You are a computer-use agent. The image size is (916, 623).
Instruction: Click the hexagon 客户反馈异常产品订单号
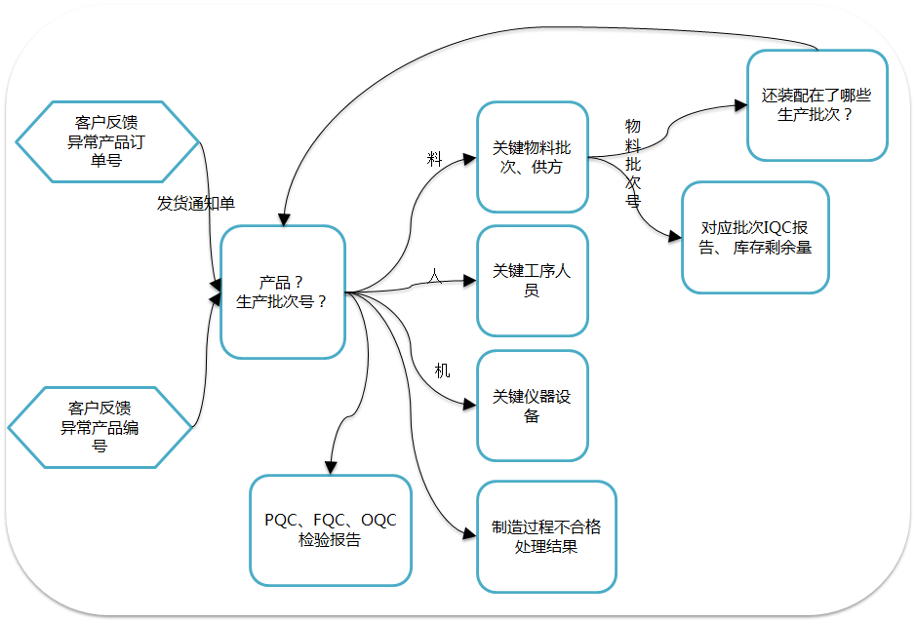pos(106,140)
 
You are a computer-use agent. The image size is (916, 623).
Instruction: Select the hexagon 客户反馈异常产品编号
pos(99,427)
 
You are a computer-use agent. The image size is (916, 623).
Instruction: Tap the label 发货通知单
pos(196,203)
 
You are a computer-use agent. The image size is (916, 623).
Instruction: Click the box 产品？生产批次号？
pos(283,292)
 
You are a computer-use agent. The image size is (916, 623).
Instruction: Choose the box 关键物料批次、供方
pos(533,157)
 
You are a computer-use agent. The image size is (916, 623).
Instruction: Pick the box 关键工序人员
pos(533,281)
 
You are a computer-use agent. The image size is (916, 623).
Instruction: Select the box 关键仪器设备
pos(533,406)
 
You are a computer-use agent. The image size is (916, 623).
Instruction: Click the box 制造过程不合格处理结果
pos(546,536)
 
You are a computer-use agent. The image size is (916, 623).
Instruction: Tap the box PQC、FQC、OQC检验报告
pos(331,529)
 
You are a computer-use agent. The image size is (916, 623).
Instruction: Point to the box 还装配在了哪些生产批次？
pos(816,105)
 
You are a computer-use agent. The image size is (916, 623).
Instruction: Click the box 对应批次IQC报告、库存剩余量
pos(755,237)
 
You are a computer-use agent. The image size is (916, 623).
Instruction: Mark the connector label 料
pos(435,160)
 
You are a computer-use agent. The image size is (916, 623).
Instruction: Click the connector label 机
pos(442,370)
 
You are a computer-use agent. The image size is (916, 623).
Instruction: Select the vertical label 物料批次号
pos(632,163)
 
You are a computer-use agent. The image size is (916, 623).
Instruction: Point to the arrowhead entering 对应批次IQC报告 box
pos(674,236)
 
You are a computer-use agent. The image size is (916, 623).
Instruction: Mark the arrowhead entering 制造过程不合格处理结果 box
pos(470,532)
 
